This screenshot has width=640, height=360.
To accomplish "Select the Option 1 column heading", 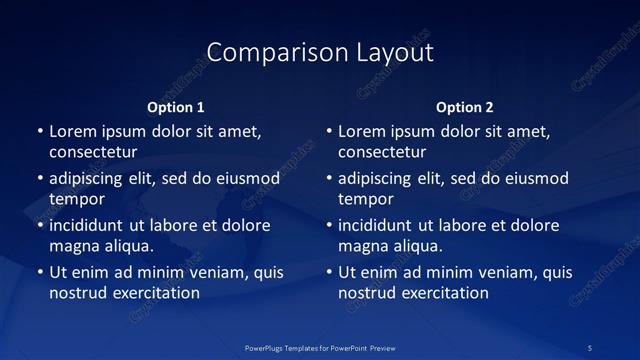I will coord(176,107).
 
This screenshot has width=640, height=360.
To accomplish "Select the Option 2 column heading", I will coord(465,107).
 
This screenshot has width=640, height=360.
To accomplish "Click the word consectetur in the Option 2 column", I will coord(382,152).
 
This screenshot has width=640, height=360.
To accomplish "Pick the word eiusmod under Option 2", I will coord(535,179).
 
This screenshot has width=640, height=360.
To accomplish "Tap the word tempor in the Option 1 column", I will coord(77,199).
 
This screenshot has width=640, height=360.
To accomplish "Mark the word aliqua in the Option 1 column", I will coord(128,246).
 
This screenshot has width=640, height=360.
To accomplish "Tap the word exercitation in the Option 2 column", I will coord(444,293).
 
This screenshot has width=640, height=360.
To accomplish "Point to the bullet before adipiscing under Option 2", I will coord(329,179).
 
